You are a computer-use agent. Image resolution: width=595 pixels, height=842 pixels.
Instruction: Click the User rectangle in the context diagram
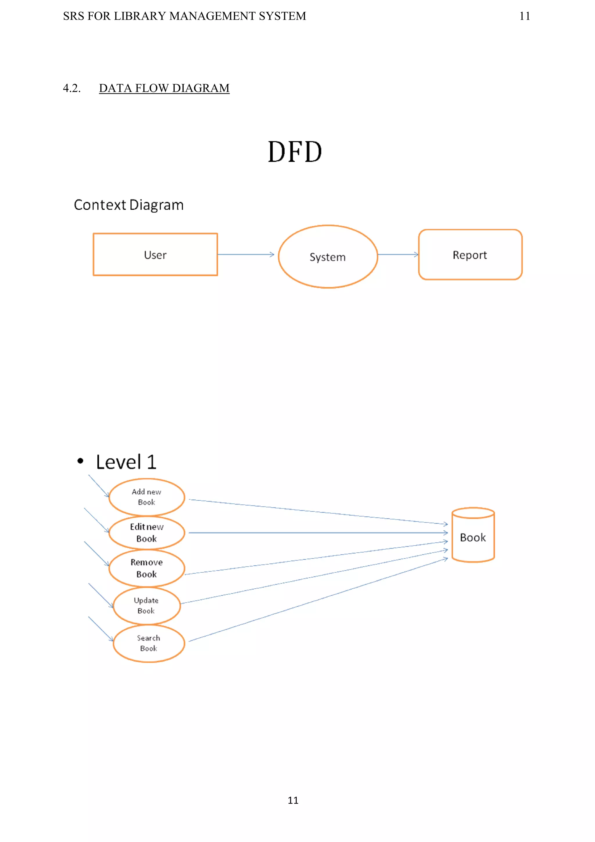(x=155, y=255)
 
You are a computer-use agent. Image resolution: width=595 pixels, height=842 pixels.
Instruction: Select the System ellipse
(x=328, y=257)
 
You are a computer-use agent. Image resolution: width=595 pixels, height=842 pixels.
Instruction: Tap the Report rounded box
(x=470, y=255)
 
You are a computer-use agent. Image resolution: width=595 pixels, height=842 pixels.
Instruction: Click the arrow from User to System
(x=245, y=254)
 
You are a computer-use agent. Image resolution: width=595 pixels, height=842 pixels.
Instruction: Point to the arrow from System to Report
(x=398, y=254)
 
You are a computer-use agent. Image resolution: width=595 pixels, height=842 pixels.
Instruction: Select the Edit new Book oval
(x=147, y=533)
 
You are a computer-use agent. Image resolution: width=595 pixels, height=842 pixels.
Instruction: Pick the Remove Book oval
(x=147, y=568)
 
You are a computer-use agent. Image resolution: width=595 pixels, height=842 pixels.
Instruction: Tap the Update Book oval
(x=147, y=605)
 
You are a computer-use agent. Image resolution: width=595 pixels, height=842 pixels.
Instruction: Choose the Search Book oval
(x=148, y=643)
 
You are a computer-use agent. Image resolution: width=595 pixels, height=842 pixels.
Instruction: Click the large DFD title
(x=295, y=152)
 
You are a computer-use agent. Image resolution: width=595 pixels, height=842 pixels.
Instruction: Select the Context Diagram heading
(x=129, y=205)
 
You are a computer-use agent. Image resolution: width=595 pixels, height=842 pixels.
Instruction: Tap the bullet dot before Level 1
(x=80, y=461)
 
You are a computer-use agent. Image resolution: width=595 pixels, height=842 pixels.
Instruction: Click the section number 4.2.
(x=71, y=88)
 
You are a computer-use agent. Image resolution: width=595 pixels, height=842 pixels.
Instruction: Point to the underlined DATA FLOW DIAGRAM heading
(x=164, y=88)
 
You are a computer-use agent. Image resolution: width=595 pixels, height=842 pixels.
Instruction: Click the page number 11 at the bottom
(x=293, y=800)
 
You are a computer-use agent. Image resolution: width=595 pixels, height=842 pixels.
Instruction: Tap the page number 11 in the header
(x=525, y=16)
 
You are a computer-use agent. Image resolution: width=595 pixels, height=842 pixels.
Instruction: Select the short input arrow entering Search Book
(x=101, y=629)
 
